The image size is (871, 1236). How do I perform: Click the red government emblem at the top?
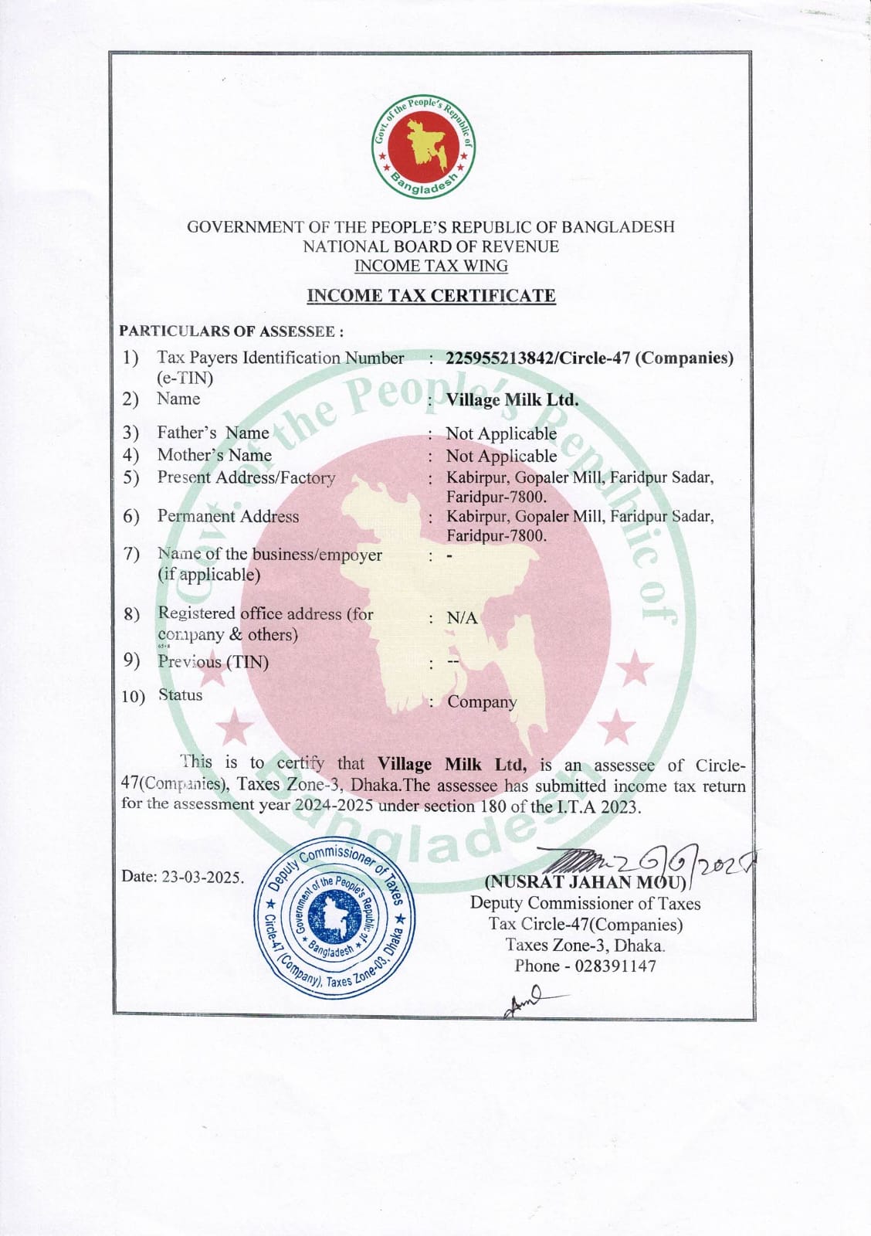(422, 147)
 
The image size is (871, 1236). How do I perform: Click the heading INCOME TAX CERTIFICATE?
(431, 296)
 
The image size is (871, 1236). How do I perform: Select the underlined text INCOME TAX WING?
(431, 267)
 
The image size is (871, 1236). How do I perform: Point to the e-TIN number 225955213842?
(500, 358)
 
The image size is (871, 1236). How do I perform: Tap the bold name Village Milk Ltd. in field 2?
(512, 400)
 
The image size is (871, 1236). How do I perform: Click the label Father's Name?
(213, 433)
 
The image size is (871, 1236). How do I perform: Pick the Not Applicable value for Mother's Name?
(501, 456)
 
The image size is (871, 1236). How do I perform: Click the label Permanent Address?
(228, 516)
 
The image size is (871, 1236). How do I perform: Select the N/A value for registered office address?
(462, 618)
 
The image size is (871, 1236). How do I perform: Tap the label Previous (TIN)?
(213, 662)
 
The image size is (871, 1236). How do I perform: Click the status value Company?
(482, 702)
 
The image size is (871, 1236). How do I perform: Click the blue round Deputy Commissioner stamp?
(334, 917)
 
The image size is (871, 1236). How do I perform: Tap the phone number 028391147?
(615, 966)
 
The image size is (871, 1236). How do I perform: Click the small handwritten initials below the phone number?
(525, 1001)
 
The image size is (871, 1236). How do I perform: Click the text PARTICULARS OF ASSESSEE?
(231, 331)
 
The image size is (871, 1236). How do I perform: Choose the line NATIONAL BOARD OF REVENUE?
(431, 246)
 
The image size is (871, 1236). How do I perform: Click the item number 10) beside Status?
(133, 697)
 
